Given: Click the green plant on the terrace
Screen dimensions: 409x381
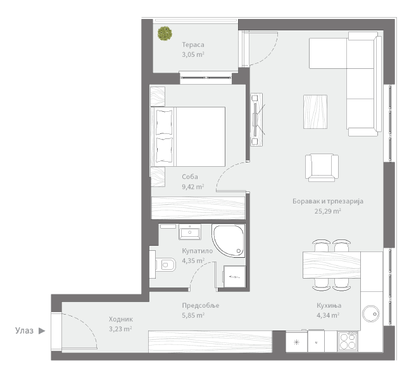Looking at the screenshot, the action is click(x=165, y=33).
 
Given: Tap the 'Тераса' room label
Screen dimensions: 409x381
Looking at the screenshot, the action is click(x=193, y=45).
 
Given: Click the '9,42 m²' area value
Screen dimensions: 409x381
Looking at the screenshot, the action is click(x=193, y=186).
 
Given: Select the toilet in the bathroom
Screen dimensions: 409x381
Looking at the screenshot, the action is click(x=165, y=265).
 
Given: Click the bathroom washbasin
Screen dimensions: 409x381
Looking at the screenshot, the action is click(x=190, y=232).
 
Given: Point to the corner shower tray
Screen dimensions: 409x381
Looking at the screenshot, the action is click(x=229, y=241).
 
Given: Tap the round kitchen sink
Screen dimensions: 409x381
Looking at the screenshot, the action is click(x=371, y=314).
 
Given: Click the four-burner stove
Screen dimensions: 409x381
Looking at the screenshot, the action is click(x=348, y=341).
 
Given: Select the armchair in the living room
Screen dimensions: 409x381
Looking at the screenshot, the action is click(x=322, y=167).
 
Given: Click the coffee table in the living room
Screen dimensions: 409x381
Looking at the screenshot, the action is click(x=315, y=112).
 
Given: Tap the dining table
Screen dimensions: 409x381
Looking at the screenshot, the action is click(x=332, y=265).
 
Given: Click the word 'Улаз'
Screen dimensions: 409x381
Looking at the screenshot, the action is click(x=24, y=331).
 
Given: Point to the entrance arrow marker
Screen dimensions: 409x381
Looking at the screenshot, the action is click(x=42, y=331).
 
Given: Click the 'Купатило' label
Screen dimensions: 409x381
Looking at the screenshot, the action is click(x=198, y=251).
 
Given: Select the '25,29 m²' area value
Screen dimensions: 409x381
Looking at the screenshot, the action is click(x=327, y=211).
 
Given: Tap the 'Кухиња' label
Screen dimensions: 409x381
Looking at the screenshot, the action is click(x=329, y=305).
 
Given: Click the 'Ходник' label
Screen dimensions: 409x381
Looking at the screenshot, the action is click(x=121, y=319).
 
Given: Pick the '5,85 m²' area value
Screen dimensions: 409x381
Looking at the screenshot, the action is click(x=193, y=315).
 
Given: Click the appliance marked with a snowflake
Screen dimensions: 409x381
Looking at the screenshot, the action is click(x=296, y=342).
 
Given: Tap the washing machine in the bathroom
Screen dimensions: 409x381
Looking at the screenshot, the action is click(x=234, y=276).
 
